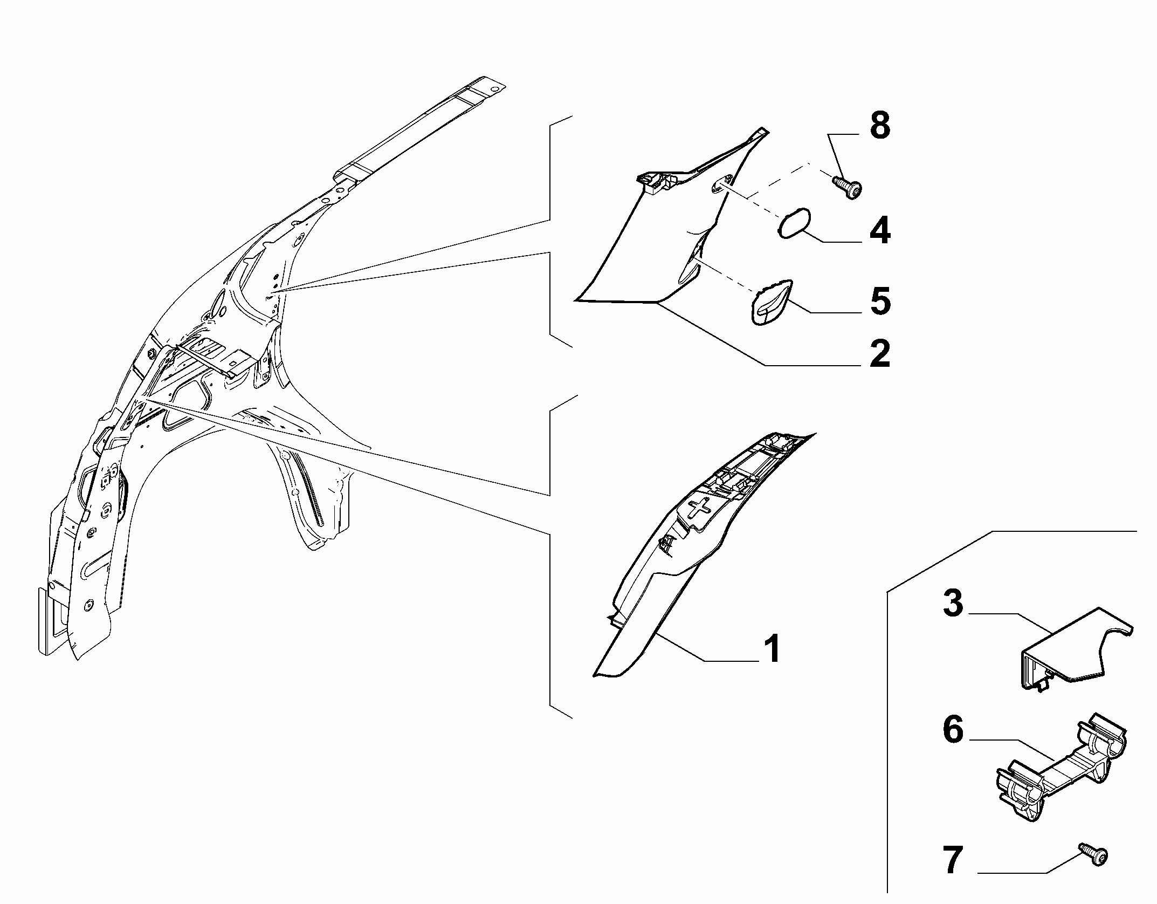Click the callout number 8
tap(880, 127)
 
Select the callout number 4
tap(880, 231)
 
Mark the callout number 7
tap(953, 860)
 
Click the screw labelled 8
tap(846, 188)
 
